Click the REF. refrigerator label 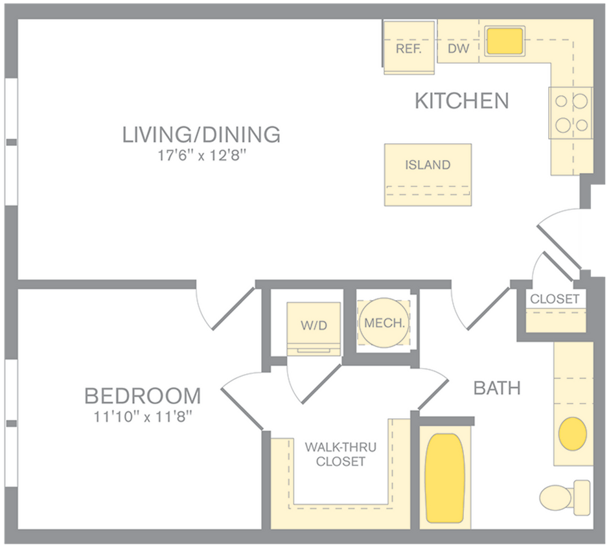(409, 49)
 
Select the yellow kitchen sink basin (504, 41)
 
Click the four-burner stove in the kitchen (571, 113)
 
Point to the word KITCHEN (461, 101)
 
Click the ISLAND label (428, 165)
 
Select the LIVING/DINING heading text (201, 134)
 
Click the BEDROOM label (143, 395)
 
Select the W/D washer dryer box (314, 326)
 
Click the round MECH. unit (384, 323)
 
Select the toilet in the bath (564, 498)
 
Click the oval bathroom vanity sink (573, 434)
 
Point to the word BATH (497, 388)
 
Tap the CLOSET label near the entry (555, 299)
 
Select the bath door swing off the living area (479, 307)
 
